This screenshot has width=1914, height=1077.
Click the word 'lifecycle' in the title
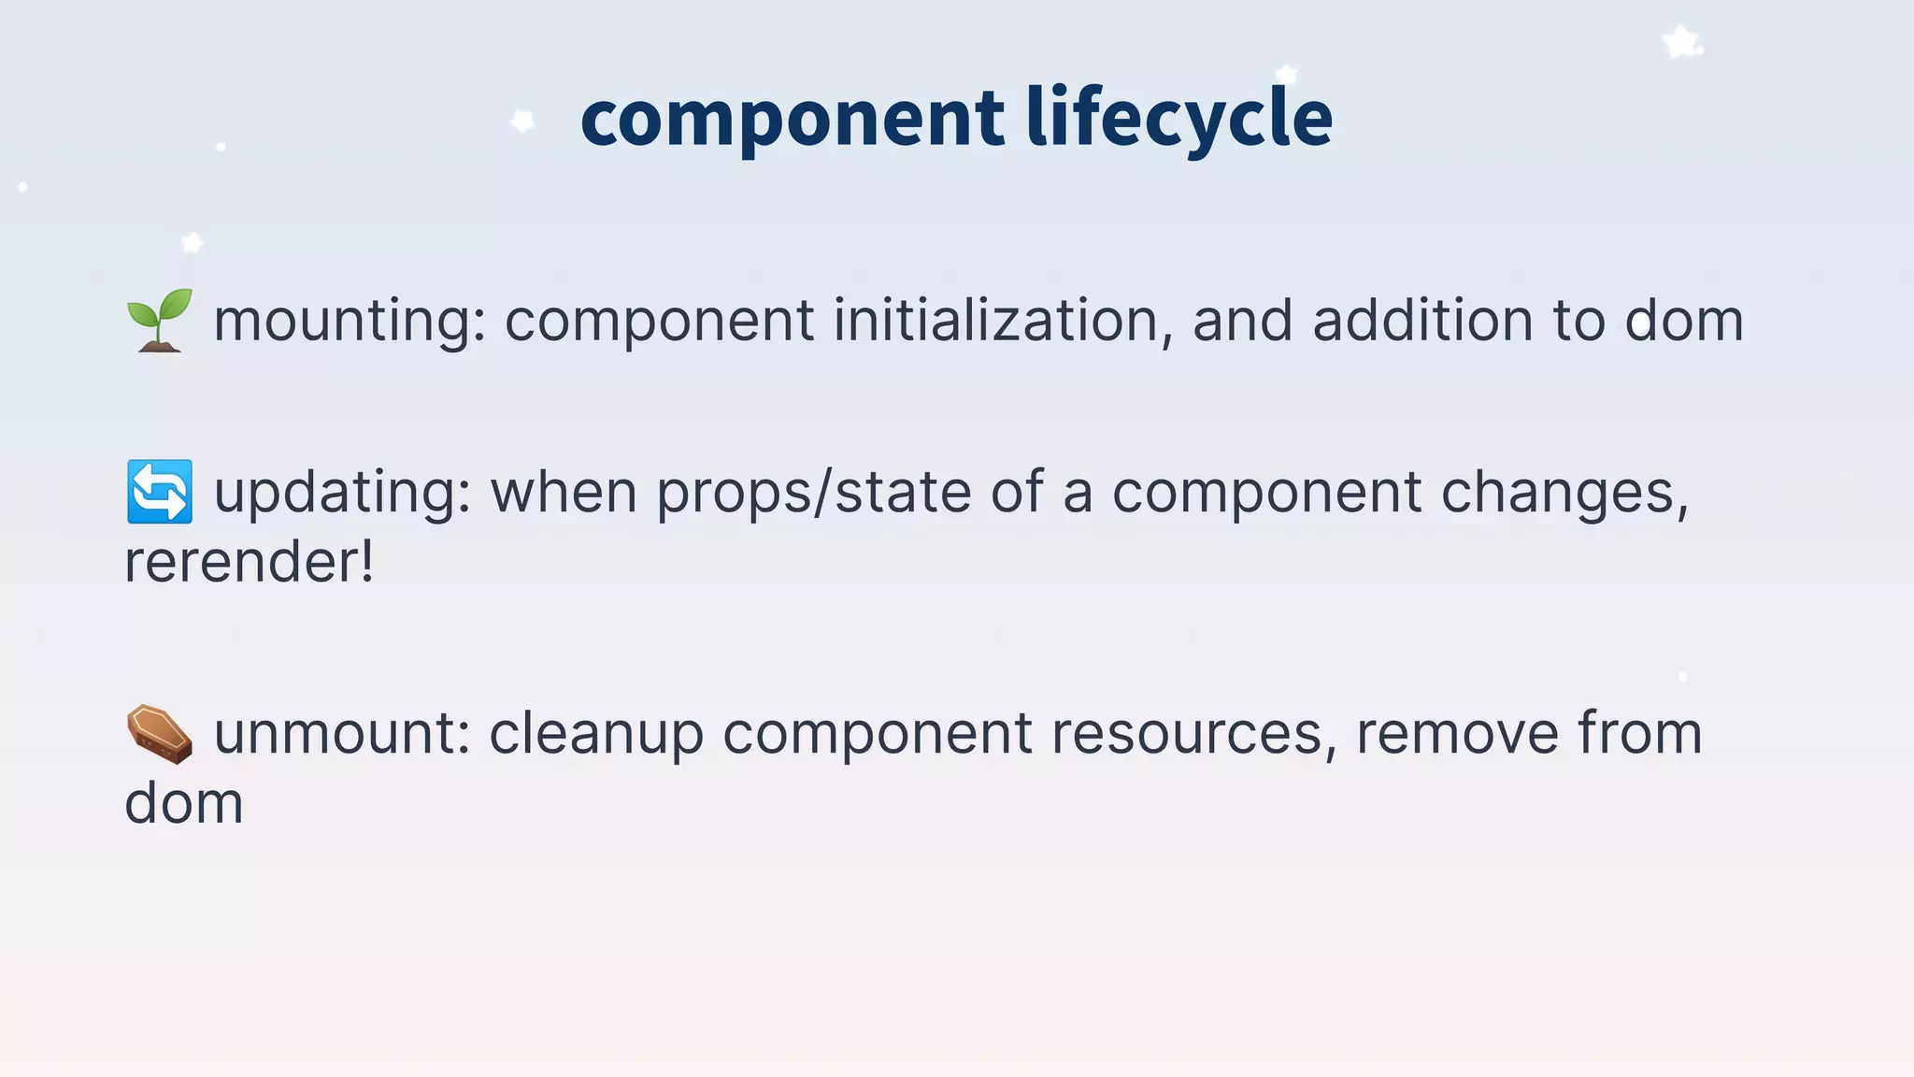click(x=1178, y=119)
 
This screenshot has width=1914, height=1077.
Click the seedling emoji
click(x=160, y=321)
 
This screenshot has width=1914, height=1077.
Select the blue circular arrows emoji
click(x=160, y=492)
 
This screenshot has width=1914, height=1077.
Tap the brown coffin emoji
click(x=160, y=734)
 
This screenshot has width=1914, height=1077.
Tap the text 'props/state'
click(x=813, y=493)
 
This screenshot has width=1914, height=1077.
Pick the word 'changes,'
click(x=1564, y=494)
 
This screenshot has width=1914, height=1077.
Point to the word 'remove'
click(x=1457, y=734)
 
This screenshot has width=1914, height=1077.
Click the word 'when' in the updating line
click(x=564, y=493)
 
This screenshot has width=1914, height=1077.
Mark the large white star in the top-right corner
click(x=1681, y=42)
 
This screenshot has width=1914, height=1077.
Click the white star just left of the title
click(x=522, y=121)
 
